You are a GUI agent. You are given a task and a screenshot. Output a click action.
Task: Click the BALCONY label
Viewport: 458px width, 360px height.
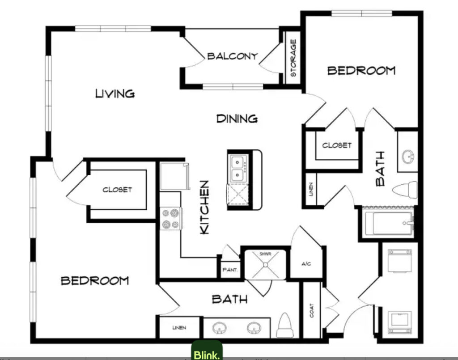(233, 56)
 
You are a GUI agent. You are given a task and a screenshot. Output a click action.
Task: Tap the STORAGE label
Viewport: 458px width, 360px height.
(293, 58)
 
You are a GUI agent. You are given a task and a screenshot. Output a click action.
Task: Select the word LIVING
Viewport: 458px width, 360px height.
(115, 93)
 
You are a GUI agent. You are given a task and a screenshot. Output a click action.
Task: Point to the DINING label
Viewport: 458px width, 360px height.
(237, 119)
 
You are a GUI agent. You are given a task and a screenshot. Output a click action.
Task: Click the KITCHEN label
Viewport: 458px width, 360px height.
(204, 207)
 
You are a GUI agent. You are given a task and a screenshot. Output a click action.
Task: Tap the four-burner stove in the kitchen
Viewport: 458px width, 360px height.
(171, 218)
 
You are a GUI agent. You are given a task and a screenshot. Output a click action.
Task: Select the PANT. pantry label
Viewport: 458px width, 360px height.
(230, 270)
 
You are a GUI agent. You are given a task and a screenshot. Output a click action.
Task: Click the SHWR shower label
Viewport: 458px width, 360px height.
(265, 254)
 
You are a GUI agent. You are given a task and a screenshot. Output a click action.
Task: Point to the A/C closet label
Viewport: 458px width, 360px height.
(306, 264)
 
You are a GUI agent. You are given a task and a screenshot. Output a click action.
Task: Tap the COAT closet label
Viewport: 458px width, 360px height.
(312, 310)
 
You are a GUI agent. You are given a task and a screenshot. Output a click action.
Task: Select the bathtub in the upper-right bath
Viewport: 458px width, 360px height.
(389, 223)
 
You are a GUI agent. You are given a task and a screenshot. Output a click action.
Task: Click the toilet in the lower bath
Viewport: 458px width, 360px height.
(284, 326)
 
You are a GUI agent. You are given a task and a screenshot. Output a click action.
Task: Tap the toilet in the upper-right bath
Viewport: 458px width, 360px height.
(405, 190)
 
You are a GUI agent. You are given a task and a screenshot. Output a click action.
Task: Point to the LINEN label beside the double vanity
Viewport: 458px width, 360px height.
(179, 328)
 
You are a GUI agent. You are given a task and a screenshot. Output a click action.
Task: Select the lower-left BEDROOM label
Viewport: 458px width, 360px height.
(95, 280)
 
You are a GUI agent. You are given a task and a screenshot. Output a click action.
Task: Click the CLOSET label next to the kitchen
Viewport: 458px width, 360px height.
(117, 190)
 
